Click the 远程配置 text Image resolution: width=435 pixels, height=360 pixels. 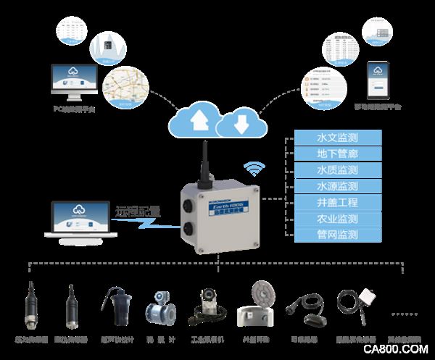pos(137,212)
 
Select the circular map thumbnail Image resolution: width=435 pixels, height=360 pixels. pos(120,86)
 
